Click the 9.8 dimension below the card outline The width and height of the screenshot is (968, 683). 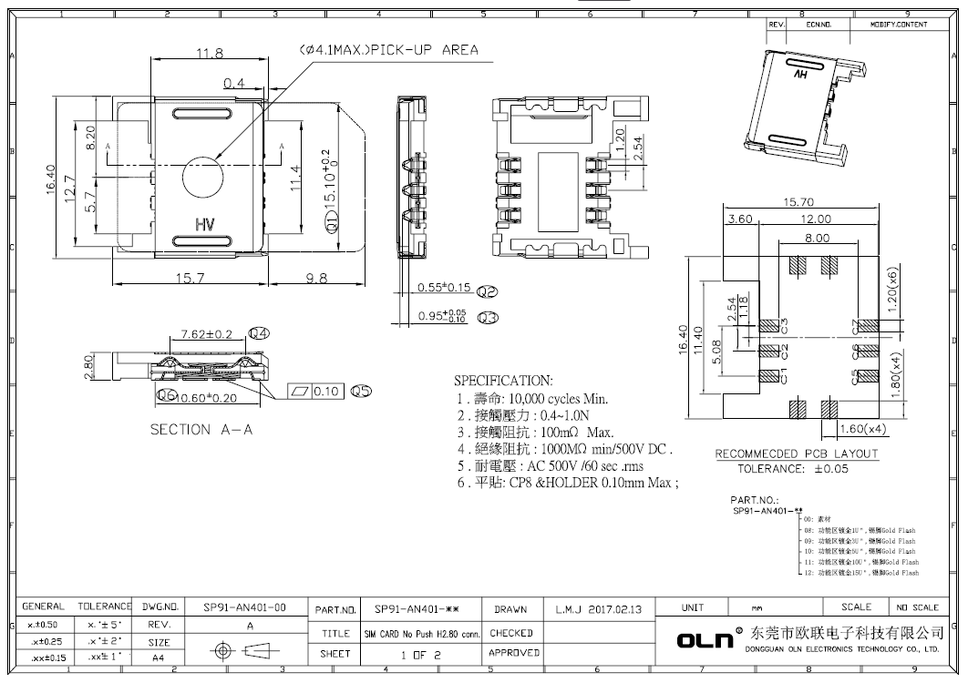[315, 279]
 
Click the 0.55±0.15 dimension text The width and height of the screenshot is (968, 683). [444, 289]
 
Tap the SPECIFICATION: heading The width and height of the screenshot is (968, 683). [503, 381]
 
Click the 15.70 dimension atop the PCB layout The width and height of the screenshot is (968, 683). [798, 202]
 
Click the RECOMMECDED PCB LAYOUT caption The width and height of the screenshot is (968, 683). [796, 454]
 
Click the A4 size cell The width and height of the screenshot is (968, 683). [160, 656]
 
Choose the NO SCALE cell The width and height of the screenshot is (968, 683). [917, 607]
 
